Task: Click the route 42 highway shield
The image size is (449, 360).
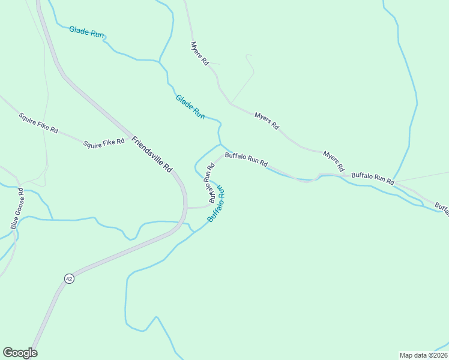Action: point(70,278)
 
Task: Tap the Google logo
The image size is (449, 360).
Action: point(20,353)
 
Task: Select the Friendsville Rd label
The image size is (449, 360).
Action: point(152,154)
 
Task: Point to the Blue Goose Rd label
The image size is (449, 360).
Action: point(17,208)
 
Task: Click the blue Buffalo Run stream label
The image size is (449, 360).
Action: point(216,204)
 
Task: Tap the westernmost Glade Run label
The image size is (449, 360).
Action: point(87,32)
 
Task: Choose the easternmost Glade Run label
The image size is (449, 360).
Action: point(190,106)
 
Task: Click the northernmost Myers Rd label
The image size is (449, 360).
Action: point(199,53)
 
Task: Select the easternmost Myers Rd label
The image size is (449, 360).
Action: point(334,161)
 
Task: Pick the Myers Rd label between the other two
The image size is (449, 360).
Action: point(267,121)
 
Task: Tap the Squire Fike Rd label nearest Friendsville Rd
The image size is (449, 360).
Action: point(103,143)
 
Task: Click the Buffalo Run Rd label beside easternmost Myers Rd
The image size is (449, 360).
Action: point(373,178)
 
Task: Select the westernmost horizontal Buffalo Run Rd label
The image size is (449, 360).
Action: point(246,159)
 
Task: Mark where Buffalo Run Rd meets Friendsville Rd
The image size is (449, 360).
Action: point(187,207)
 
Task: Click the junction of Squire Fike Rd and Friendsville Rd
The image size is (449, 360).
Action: point(129,133)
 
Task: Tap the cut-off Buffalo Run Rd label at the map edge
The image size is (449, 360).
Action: point(441,207)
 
